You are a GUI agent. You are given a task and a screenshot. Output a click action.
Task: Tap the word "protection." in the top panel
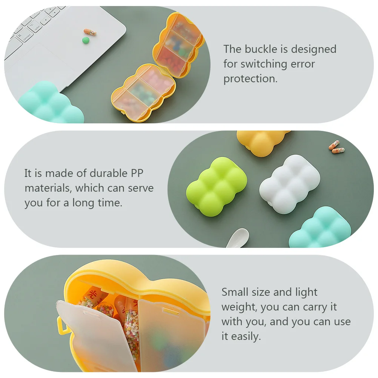[x=250, y=79]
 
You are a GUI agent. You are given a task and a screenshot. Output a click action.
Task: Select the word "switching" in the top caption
[x=264, y=64]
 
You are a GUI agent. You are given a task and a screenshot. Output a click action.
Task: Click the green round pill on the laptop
[x=86, y=40]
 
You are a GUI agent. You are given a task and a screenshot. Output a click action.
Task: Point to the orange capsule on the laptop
[x=90, y=32]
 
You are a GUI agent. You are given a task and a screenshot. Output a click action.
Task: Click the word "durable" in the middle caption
[x=109, y=173]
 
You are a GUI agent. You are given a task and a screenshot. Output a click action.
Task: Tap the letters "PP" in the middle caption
[x=137, y=173]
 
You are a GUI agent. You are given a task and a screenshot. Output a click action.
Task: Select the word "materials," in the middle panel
[x=48, y=188]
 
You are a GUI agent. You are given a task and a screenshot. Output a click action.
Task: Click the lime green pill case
[x=217, y=187]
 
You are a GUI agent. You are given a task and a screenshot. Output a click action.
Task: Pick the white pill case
[x=289, y=184]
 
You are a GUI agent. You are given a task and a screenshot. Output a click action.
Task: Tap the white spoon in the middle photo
[x=237, y=238]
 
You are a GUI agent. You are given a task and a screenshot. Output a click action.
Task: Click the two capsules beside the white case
[x=337, y=147]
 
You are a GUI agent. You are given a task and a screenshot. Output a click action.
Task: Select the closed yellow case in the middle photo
[x=263, y=143]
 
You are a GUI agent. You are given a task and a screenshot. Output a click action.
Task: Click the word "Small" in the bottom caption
[x=235, y=292]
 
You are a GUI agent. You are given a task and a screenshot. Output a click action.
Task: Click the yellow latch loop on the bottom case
[x=61, y=326]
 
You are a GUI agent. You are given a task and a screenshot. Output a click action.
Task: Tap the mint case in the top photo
[x=51, y=103]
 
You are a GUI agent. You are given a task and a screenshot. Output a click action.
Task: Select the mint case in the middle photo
[x=320, y=227]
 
